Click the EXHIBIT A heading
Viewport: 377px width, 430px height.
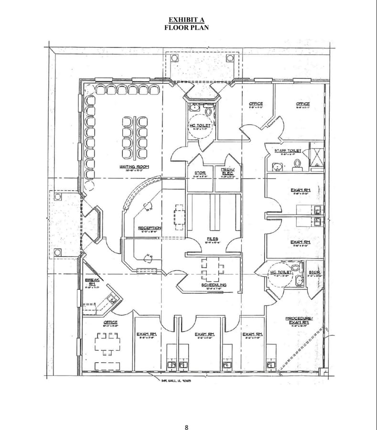tap(186, 20)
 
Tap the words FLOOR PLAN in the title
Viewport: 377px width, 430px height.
tap(186, 27)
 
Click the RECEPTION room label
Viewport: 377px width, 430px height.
tap(150, 228)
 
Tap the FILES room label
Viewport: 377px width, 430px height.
tap(213, 238)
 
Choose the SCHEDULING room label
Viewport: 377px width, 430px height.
tap(213, 285)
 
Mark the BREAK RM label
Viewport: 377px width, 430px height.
tap(92, 281)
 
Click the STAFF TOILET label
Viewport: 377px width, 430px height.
tap(288, 150)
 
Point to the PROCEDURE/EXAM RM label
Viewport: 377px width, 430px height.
tap(299, 320)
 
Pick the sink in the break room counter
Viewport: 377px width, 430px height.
tap(112, 299)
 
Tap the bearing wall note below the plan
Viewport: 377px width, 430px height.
tap(175, 380)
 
